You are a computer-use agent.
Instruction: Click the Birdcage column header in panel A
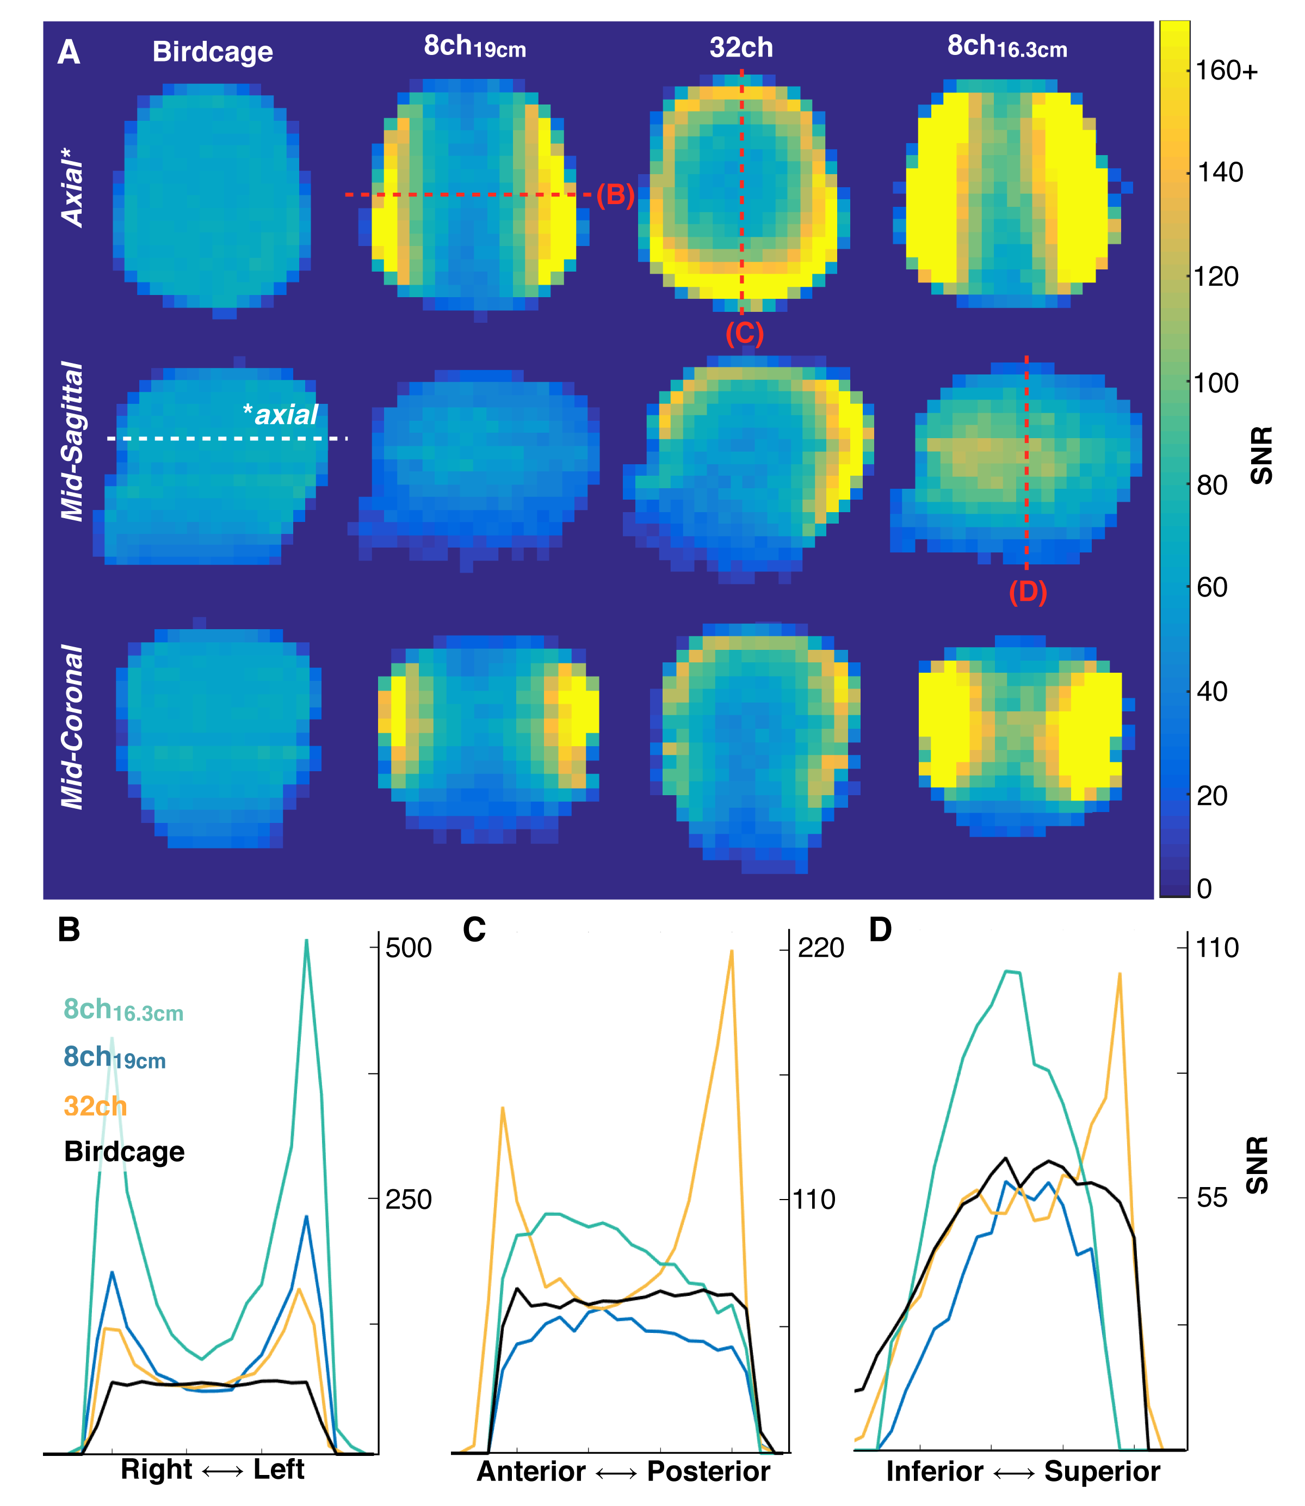(213, 52)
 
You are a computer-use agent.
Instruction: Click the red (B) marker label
(615, 195)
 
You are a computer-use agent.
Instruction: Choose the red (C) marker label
(744, 333)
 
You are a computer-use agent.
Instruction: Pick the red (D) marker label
(1028, 592)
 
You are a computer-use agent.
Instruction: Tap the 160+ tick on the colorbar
(1226, 71)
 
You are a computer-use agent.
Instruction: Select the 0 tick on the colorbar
(1204, 888)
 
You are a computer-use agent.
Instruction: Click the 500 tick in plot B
(408, 948)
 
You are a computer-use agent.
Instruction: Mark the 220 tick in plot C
(821, 948)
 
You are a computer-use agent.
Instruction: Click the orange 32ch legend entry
(95, 1106)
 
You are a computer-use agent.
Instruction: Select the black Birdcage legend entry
(124, 1152)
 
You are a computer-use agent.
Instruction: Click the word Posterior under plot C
(709, 1471)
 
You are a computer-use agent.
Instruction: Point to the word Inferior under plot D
(935, 1471)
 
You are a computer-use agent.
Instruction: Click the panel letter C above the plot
(474, 930)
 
